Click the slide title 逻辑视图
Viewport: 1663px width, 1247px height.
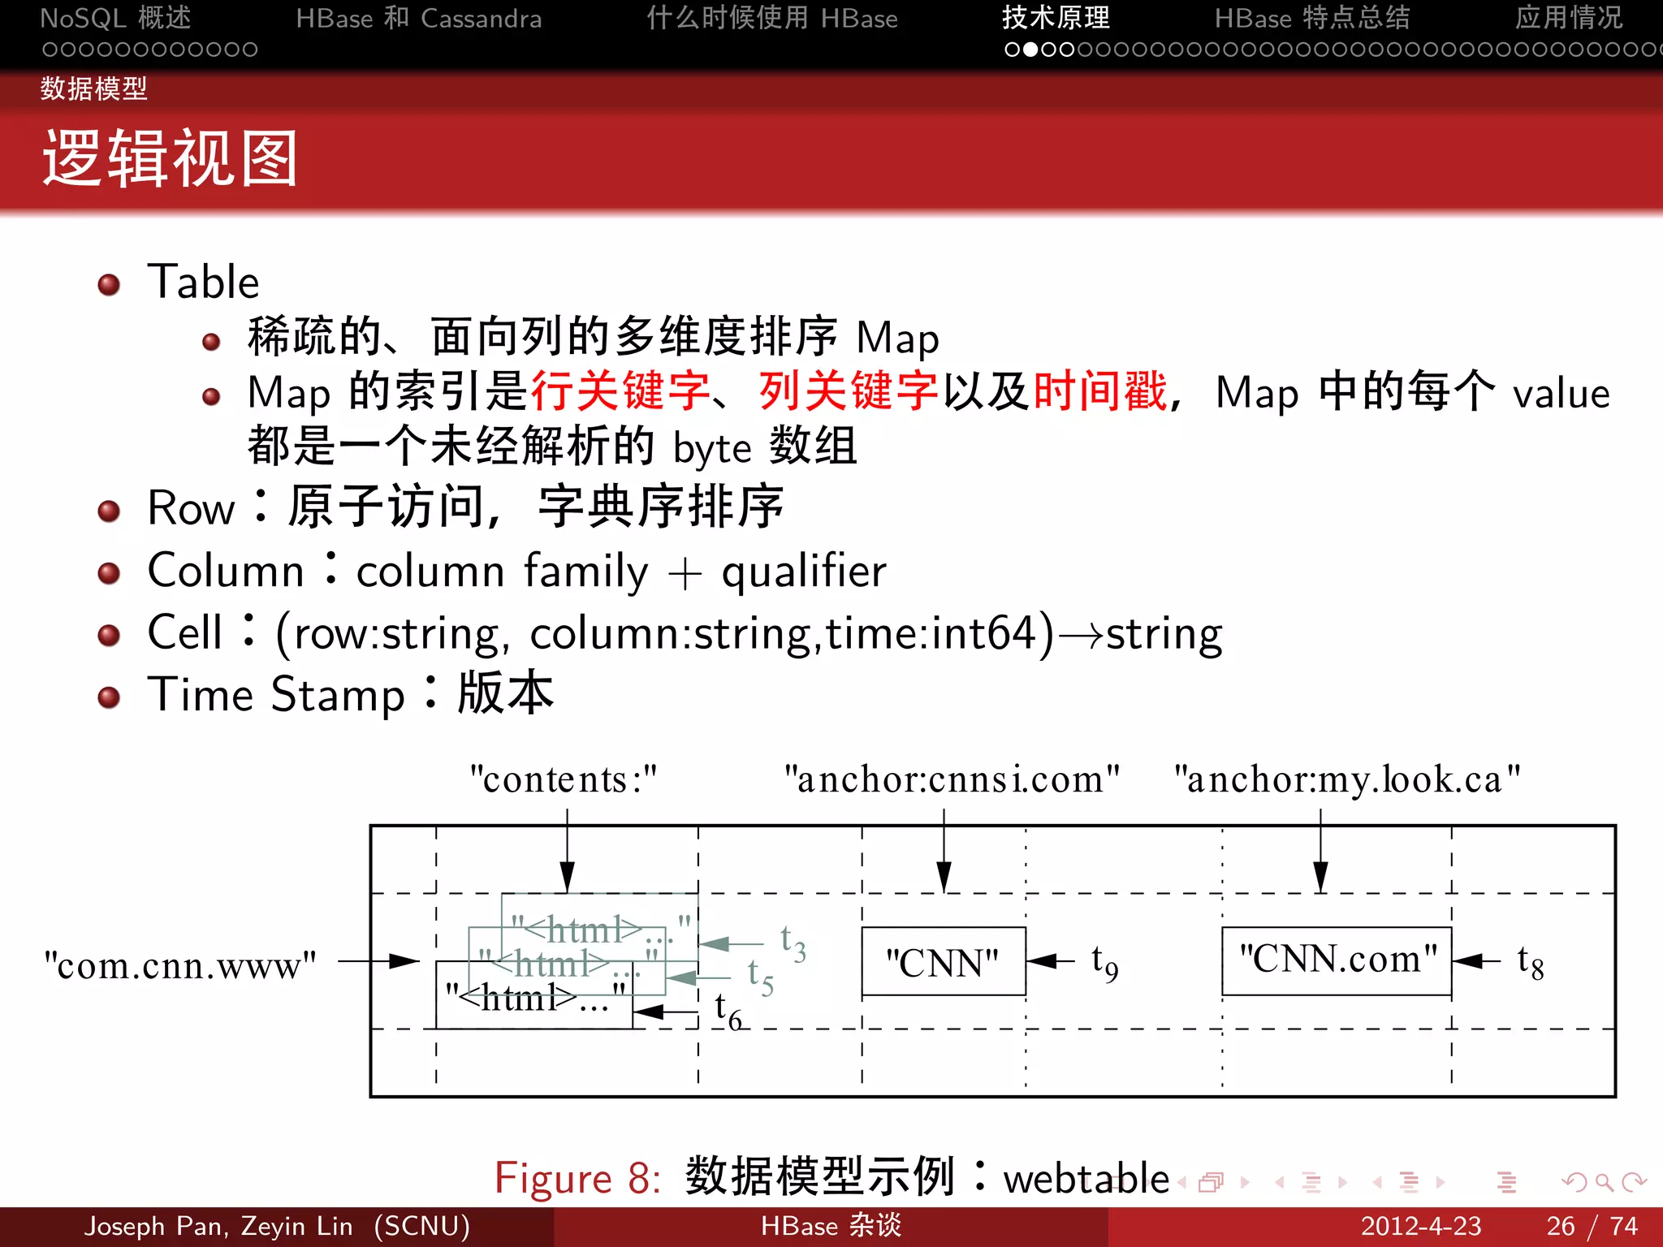click(x=171, y=159)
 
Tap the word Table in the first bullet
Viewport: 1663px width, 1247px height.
click(x=203, y=283)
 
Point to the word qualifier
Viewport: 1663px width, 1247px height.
click(x=804, y=572)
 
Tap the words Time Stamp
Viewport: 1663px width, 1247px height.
click(x=276, y=695)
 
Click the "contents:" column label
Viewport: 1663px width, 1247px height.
click(x=564, y=779)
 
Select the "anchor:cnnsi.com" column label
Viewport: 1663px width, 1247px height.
click(x=952, y=779)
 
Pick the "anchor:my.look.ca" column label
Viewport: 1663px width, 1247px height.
click(x=1347, y=779)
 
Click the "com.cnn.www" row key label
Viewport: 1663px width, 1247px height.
click(x=180, y=965)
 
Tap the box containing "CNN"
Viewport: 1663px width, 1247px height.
click(x=944, y=962)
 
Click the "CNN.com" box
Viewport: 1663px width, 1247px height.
click(x=1337, y=960)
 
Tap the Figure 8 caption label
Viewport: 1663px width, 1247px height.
click(x=577, y=1178)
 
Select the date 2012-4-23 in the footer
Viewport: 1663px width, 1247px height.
click(x=1421, y=1226)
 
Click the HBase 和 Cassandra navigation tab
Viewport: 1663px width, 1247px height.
click(x=418, y=19)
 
